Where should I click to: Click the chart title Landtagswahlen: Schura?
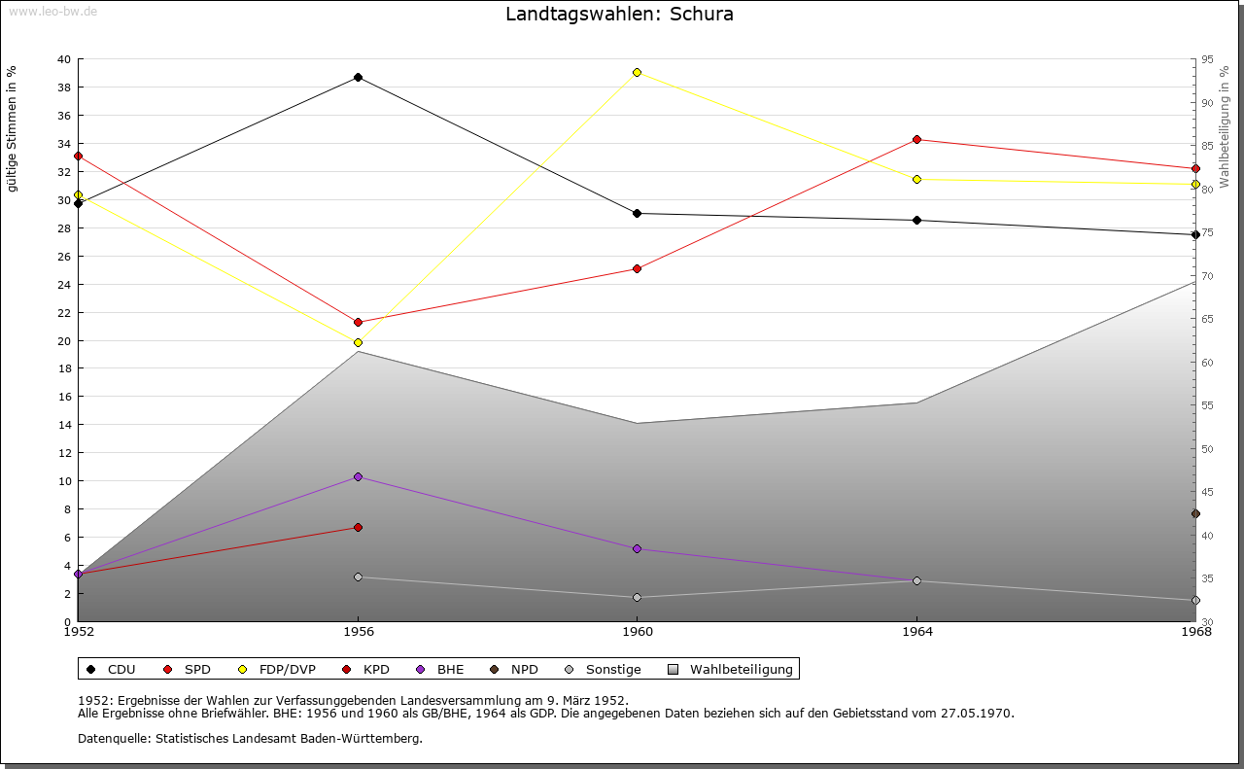pos(619,15)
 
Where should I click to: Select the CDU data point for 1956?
pos(358,77)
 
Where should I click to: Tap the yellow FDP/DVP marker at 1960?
pos(637,72)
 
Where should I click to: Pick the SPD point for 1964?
pos(916,139)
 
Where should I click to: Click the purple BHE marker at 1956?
pos(358,476)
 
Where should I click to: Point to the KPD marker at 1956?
pos(358,527)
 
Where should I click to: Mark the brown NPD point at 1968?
pos(1195,513)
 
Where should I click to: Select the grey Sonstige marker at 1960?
pos(637,597)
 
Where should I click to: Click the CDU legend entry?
pos(112,669)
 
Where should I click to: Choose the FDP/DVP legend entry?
pos(277,669)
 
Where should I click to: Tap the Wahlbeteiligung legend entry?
pos(731,669)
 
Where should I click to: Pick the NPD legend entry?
pos(514,669)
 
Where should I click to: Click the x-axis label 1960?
pos(637,632)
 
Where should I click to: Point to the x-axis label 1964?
pos(916,632)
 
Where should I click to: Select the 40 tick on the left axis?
pos(64,59)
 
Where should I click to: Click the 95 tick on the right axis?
pos(1207,59)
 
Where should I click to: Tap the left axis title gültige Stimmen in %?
pos(13,128)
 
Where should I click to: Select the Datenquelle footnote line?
pos(250,738)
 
